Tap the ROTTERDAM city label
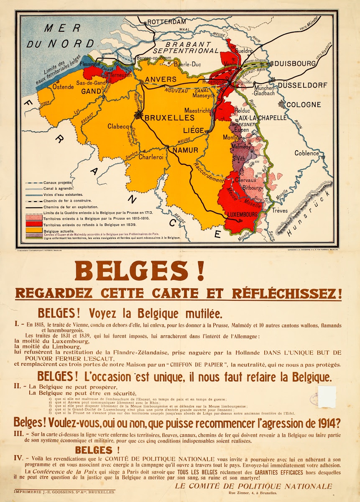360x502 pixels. tap(166, 21)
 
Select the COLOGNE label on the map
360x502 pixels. tap(303, 105)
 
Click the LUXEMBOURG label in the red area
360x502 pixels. tap(242, 214)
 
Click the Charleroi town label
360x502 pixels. tap(150, 158)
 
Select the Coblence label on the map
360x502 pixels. tap(306, 153)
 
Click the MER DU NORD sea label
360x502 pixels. tap(60, 35)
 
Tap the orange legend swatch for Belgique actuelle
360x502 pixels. tap(34, 231)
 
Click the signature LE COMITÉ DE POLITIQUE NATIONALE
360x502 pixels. tap(253, 486)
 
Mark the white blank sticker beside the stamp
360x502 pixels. tap(327, 397)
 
